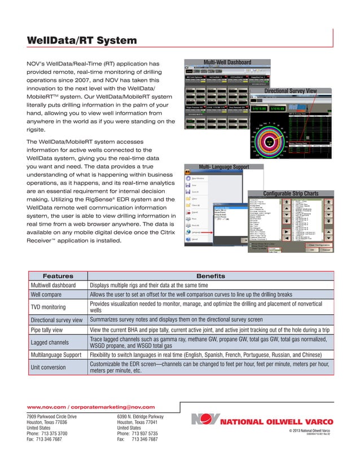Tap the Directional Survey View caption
(298, 91)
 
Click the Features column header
(58, 276)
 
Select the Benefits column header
(210, 276)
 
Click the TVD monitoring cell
(48, 307)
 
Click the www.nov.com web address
(46, 407)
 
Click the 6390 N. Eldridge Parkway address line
(140, 416)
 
